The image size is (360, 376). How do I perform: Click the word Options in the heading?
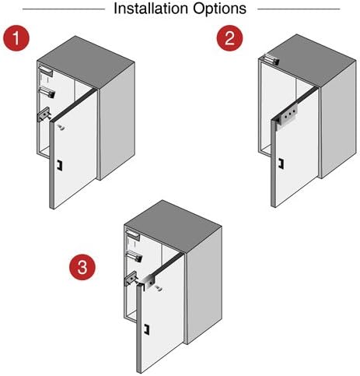click(217, 9)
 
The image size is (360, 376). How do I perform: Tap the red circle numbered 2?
click(229, 38)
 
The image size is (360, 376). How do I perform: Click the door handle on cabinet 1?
click(58, 164)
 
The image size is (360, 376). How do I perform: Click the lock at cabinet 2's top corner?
click(268, 57)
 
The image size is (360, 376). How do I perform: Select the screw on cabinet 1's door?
click(61, 126)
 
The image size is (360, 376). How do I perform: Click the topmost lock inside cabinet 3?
click(133, 233)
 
